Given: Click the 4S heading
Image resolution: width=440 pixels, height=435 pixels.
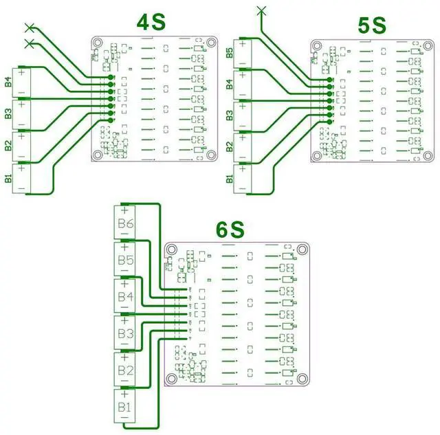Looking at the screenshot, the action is coord(151,23).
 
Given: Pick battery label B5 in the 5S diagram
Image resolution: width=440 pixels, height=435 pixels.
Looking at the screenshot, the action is coord(229,52).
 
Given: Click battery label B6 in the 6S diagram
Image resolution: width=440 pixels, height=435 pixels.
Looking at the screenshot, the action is coord(126,223).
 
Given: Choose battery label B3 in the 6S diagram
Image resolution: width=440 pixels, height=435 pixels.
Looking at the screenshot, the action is coord(126,334).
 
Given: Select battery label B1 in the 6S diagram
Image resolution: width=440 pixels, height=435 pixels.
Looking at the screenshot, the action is coord(126,408).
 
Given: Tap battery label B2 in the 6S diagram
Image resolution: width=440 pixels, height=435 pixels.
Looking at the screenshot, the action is coord(126,371).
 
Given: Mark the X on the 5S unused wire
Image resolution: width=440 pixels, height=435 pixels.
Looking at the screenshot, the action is coord(261,9).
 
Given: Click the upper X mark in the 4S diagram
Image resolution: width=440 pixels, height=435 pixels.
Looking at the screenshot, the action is coord(29,27).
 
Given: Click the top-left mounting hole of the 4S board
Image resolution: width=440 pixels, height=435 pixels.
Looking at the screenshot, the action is coord(98,41).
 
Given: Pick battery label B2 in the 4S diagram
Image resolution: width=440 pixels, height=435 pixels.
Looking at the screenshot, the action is coord(8,146).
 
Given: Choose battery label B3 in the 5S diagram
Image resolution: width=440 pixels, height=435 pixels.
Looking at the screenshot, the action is coord(229,115).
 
